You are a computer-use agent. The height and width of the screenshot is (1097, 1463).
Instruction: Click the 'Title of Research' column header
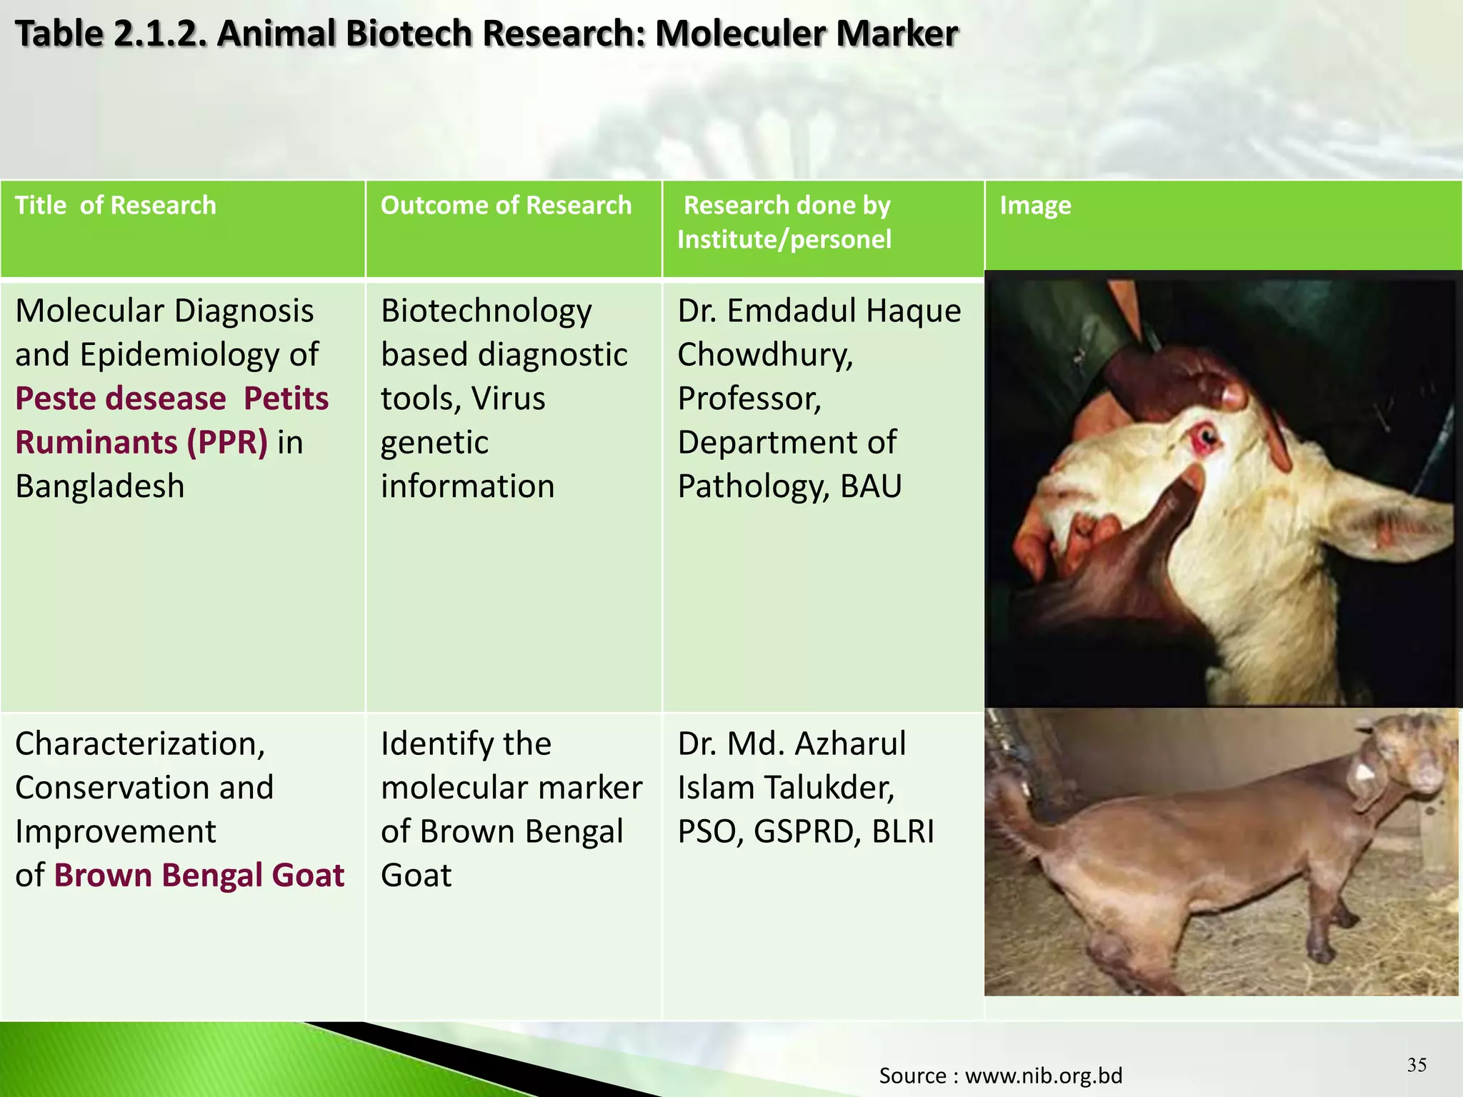(x=115, y=206)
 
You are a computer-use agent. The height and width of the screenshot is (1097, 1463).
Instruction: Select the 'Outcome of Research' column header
(x=506, y=206)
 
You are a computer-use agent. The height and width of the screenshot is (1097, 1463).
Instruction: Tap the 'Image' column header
(x=1034, y=206)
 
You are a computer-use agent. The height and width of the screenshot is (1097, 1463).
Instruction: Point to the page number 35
(x=1417, y=1065)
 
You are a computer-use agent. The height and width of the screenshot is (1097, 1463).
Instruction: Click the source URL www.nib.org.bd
(x=1043, y=1076)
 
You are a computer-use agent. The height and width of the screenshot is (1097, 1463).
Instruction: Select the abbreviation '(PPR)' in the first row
(x=227, y=442)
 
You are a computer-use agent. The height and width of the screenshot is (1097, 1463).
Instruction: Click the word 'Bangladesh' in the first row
(x=100, y=486)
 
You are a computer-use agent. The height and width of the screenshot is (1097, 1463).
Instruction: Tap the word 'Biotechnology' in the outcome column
(x=486, y=311)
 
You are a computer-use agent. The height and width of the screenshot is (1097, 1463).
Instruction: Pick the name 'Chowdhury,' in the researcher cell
(x=765, y=355)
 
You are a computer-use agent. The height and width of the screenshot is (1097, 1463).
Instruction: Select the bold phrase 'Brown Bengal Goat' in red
(x=199, y=876)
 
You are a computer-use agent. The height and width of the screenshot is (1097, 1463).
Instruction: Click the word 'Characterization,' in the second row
(x=140, y=744)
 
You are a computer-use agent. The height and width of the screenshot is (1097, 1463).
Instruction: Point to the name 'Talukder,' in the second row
(x=829, y=788)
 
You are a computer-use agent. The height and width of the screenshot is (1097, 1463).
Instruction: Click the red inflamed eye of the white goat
(x=1204, y=436)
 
